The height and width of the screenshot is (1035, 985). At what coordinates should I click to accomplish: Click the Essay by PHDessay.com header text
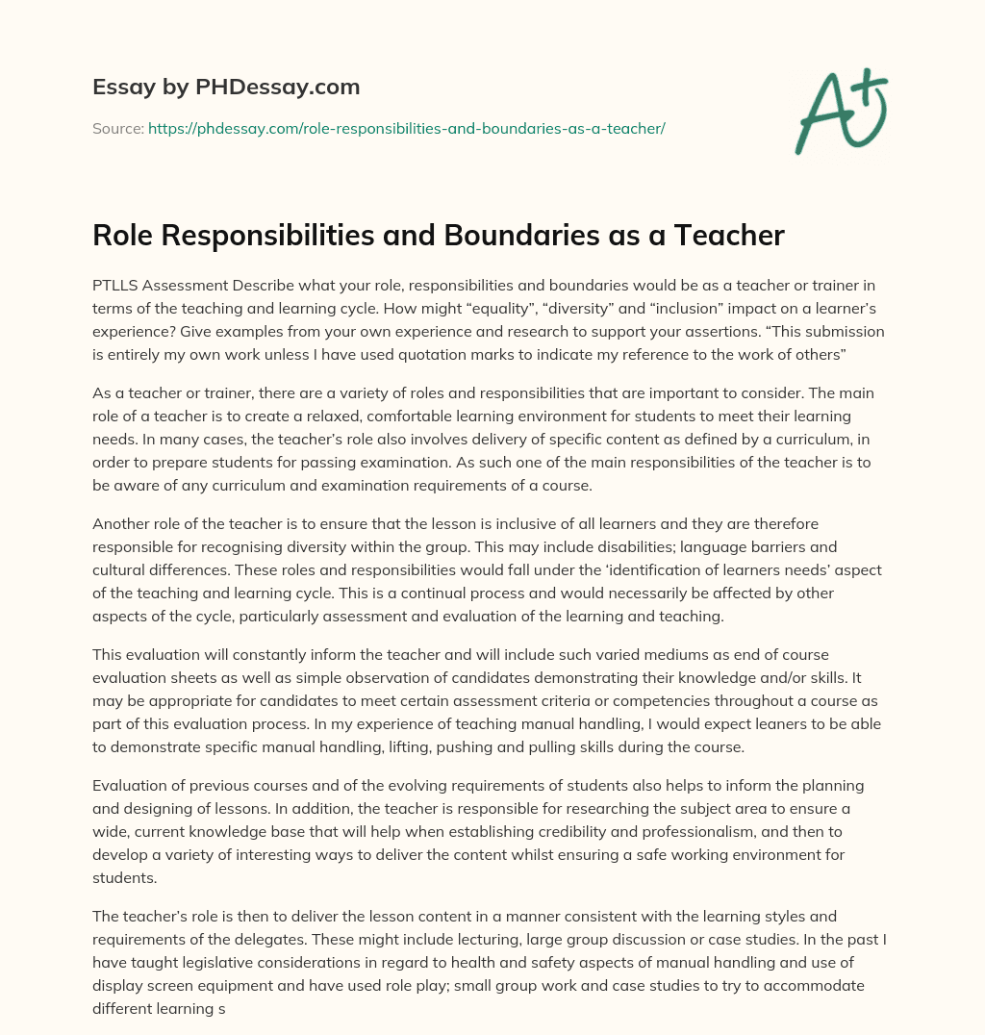click(x=226, y=88)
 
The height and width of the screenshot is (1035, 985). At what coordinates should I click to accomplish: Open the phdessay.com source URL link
click(x=406, y=128)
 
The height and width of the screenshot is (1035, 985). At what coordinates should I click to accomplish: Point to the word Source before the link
click(x=116, y=128)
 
